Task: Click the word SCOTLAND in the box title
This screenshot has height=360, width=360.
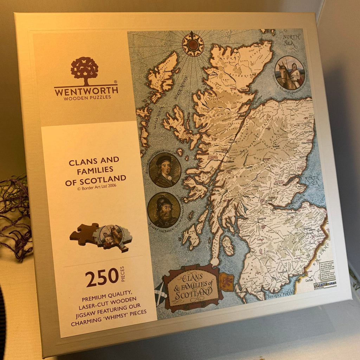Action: coord(96,179)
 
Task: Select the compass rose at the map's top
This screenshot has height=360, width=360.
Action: coord(193,44)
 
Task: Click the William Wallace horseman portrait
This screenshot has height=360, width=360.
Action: coord(289,73)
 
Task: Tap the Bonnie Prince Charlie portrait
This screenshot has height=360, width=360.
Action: coord(165,170)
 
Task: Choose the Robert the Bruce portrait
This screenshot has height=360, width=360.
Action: coord(164,210)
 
